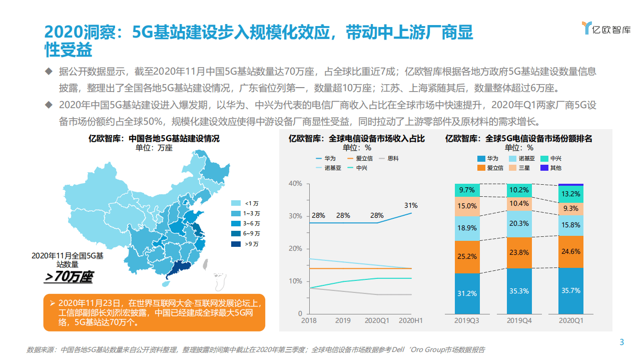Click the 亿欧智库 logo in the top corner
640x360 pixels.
(x=606, y=29)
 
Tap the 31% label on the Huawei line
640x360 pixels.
(x=411, y=205)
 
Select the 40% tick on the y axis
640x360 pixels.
(x=295, y=184)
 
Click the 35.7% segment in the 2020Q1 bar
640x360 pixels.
(x=571, y=290)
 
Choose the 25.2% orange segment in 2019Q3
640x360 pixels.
(x=467, y=257)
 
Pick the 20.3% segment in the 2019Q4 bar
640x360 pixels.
(x=519, y=223)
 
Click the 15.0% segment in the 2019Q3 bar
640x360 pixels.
(x=467, y=206)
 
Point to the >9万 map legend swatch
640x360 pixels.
(x=237, y=244)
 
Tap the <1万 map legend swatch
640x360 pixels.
(x=237, y=203)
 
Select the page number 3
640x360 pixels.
(x=622, y=342)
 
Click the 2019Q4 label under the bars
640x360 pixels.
(x=519, y=320)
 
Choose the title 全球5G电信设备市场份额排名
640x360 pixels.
(x=518, y=139)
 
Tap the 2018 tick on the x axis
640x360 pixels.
(x=308, y=320)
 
